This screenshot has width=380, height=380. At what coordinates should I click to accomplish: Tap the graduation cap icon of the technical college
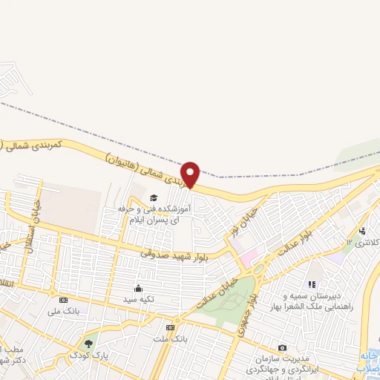154,197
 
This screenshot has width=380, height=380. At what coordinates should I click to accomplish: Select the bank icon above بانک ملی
62,300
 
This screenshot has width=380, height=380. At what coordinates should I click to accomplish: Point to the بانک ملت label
171,339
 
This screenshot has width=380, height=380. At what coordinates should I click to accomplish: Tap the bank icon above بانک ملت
171,327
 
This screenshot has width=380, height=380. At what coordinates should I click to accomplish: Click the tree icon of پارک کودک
89,344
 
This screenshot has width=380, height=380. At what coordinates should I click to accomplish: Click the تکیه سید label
138,300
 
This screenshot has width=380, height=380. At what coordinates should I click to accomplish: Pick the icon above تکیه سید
138,288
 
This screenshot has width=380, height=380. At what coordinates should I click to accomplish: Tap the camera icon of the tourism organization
282,347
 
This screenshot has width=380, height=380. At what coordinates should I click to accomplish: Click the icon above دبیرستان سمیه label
312,284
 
